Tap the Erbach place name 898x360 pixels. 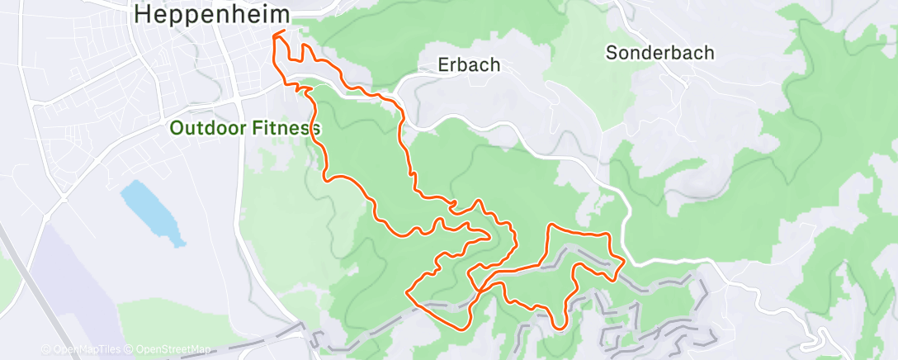[470, 64]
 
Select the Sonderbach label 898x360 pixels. [659, 53]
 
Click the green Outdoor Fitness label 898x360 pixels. [244, 128]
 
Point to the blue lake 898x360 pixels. [153, 214]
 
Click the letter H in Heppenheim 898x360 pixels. [142, 14]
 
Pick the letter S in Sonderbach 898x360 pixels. [612, 53]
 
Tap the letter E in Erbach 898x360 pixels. [444, 64]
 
